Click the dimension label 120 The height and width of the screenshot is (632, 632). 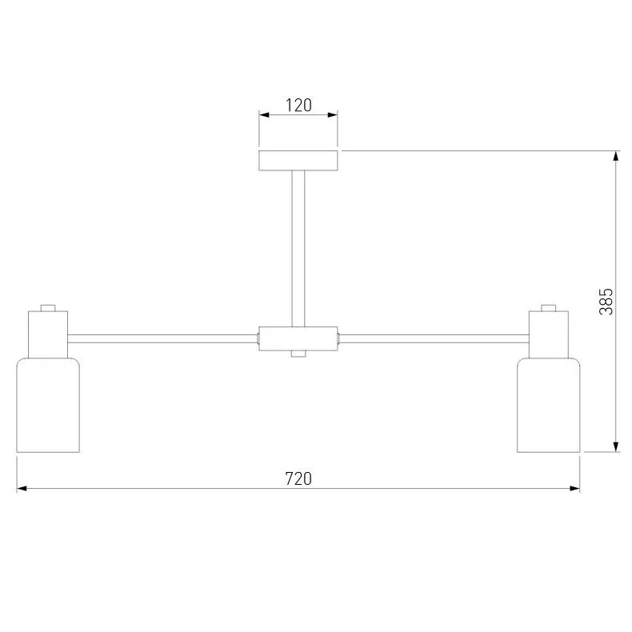coord(298,105)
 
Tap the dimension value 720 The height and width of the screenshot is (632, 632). coord(298,478)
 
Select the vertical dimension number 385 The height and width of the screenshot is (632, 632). coord(606,301)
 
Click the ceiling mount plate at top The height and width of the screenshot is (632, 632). coord(298,161)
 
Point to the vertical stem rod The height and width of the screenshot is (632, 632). coord(298,249)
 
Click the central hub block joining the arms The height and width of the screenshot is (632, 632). coord(298,338)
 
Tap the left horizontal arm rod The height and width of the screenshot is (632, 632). coord(163,338)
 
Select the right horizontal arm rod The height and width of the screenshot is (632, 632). coord(434,338)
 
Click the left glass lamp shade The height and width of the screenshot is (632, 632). coord(48,405)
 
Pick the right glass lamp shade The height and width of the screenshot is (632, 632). coord(549,405)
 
